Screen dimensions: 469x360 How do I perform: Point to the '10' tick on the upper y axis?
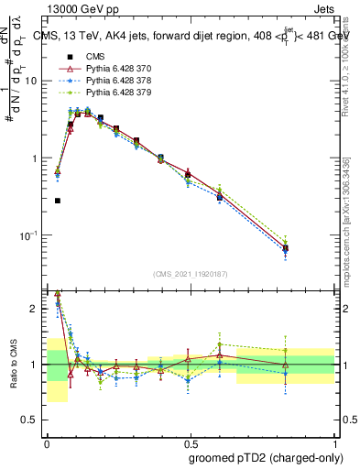[33, 81]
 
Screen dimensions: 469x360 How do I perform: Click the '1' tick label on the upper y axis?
[37, 158]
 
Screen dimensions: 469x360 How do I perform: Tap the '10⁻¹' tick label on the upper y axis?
[30, 235]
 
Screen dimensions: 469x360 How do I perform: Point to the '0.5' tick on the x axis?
[190, 441]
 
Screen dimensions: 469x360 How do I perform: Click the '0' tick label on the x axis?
[47, 441]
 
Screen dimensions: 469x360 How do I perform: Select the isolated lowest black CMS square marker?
[58, 201]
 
